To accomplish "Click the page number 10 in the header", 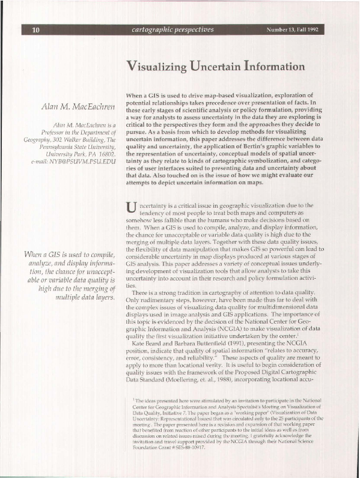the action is pyautogui.click(x=35, y=30).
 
